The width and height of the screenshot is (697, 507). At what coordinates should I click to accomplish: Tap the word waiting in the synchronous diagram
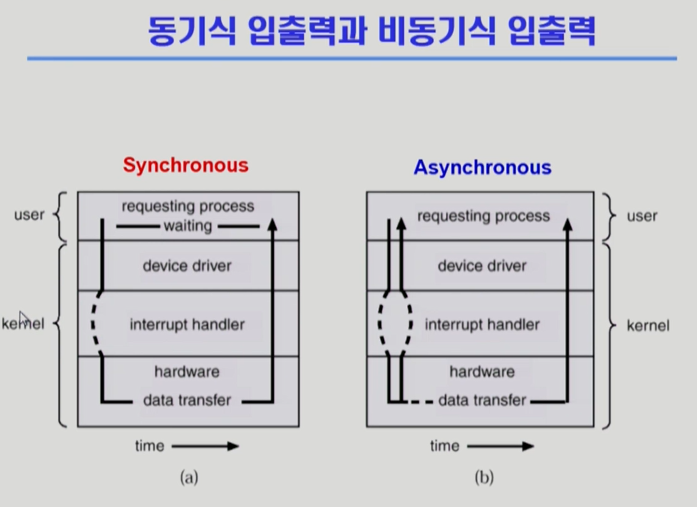(188, 226)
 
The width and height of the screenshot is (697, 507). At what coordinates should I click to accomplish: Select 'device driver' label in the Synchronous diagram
(187, 266)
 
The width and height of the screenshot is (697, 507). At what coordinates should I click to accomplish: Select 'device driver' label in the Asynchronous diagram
(482, 266)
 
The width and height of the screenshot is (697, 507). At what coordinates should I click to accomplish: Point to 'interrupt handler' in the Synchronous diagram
(187, 325)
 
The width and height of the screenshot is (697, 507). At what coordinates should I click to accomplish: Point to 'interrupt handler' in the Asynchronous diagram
(482, 325)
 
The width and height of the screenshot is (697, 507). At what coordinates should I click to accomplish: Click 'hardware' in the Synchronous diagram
(187, 372)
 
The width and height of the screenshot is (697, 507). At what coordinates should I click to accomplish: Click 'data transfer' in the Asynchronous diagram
(482, 400)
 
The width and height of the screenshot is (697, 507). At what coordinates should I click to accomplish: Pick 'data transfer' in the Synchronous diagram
(187, 400)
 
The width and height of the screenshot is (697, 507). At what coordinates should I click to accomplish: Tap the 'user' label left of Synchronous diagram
(29, 215)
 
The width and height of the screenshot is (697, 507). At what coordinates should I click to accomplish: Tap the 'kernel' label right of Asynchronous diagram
(648, 326)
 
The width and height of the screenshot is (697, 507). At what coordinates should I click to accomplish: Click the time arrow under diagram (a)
(205, 446)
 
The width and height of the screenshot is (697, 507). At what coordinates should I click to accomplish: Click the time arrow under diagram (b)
(501, 446)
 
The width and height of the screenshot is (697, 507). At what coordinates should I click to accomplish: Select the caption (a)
(189, 477)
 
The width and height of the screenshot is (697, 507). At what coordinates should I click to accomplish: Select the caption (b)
(484, 477)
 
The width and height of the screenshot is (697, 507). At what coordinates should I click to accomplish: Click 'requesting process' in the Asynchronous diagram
(484, 216)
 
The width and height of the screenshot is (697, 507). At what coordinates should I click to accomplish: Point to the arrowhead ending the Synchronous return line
(272, 224)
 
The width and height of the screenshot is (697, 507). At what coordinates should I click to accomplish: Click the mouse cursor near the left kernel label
(24, 318)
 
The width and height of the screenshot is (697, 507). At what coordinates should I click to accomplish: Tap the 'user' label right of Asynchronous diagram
(642, 216)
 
